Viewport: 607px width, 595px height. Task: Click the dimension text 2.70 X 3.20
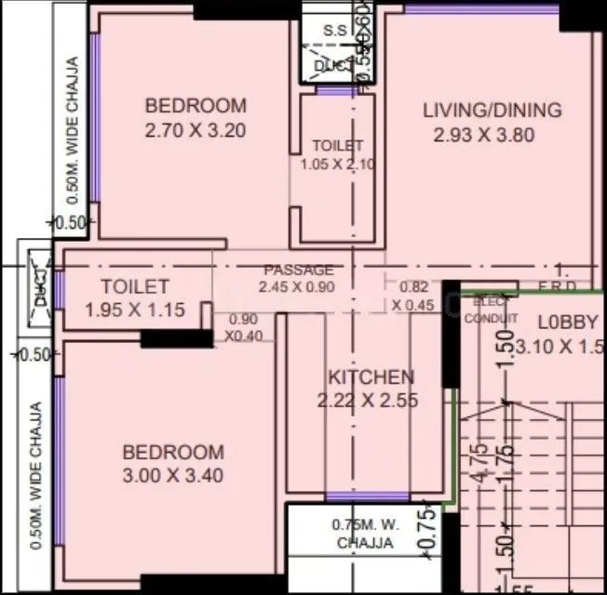click(x=196, y=131)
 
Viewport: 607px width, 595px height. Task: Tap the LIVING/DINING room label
click(x=492, y=111)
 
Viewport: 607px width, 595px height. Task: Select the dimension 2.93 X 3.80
click(x=484, y=135)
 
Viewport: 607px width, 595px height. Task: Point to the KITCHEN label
click(x=371, y=377)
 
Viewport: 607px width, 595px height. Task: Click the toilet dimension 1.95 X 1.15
click(x=135, y=311)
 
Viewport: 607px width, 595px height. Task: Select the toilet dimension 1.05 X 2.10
click(x=337, y=165)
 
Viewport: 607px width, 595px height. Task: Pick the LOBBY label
click(x=567, y=323)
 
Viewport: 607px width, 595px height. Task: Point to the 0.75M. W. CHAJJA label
click(x=364, y=534)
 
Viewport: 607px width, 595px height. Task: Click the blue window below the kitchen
click(x=367, y=496)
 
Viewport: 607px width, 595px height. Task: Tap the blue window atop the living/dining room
click(x=481, y=8)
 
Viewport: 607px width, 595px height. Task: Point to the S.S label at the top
click(x=334, y=31)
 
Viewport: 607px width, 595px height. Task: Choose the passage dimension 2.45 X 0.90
click(x=296, y=286)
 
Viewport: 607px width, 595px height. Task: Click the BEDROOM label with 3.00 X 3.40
click(x=173, y=453)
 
